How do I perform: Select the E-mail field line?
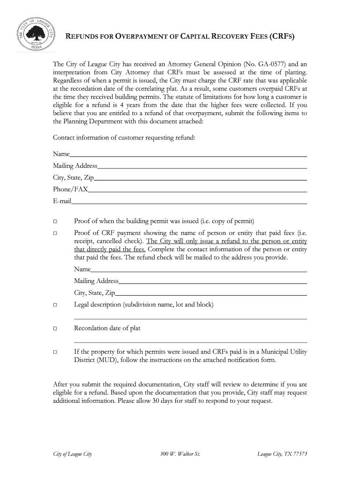pos(189,203)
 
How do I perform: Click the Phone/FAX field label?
pos(70,189)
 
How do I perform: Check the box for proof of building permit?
pos(55,221)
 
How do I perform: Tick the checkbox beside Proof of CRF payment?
pos(55,233)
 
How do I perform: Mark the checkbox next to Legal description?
pos(55,305)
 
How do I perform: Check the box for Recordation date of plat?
pos(55,328)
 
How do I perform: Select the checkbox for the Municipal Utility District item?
pos(55,352)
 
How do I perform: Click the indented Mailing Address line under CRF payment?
pos(213,283)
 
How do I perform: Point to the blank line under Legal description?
pos(190,318)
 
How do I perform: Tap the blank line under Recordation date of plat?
pos(190,342)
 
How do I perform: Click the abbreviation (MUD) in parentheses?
pos(109,360)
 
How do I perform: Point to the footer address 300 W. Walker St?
pos(180,454)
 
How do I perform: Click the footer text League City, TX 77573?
pos(282,454)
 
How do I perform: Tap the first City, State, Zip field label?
pos(73,178)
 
